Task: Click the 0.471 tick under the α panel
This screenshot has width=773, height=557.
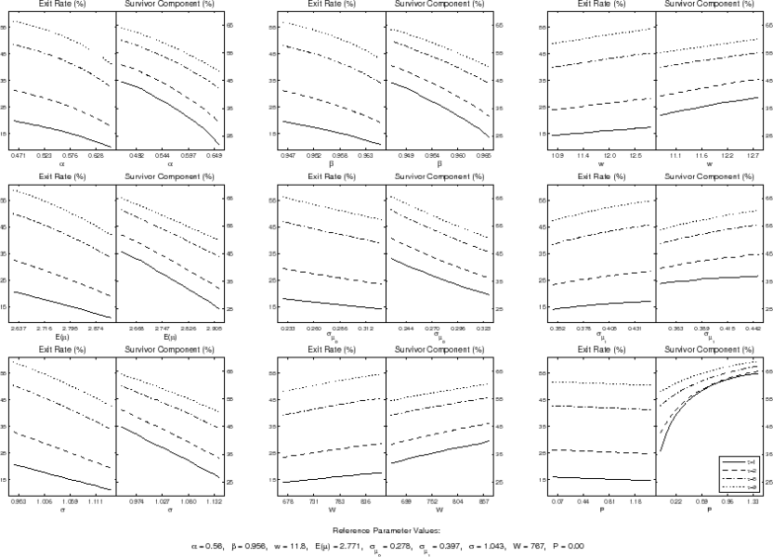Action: pos(19,154)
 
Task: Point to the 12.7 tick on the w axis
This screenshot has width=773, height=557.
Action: pos(753,154)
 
